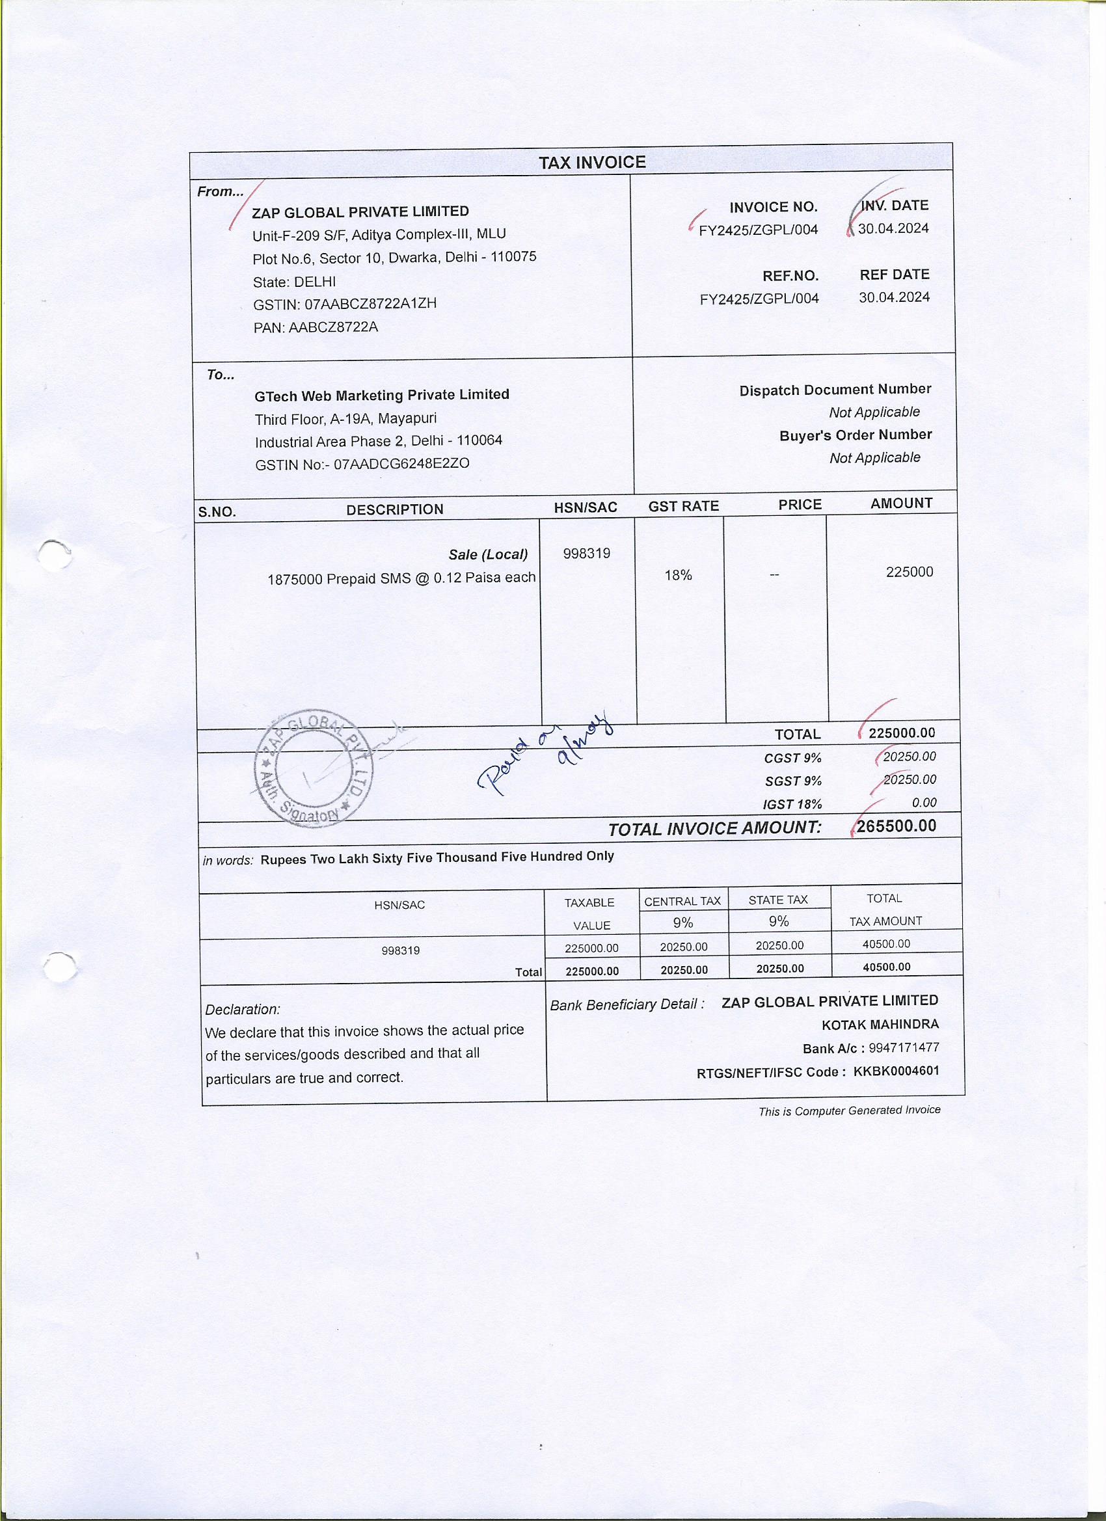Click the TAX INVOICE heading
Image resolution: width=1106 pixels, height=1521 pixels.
[592, 162]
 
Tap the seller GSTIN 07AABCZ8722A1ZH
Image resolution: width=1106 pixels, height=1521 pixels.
[370, 304]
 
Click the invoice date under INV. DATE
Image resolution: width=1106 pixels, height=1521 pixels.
[893, 229]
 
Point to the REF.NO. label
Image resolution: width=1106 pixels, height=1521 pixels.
[790, 276]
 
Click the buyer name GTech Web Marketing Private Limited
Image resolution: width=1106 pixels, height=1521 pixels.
[382, 395]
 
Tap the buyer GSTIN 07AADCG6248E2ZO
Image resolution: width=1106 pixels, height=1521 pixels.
[401, 463]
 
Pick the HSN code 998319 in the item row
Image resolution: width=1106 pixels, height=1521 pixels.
[586, 553]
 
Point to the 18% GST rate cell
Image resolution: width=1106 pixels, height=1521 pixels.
[678, 574]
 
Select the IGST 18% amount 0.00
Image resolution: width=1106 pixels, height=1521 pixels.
[924, 802]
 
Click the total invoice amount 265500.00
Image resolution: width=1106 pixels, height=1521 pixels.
[896, 826]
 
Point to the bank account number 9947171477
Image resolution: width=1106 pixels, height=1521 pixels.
[904, 1047]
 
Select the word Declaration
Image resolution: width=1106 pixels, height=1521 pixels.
[243, 1009]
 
